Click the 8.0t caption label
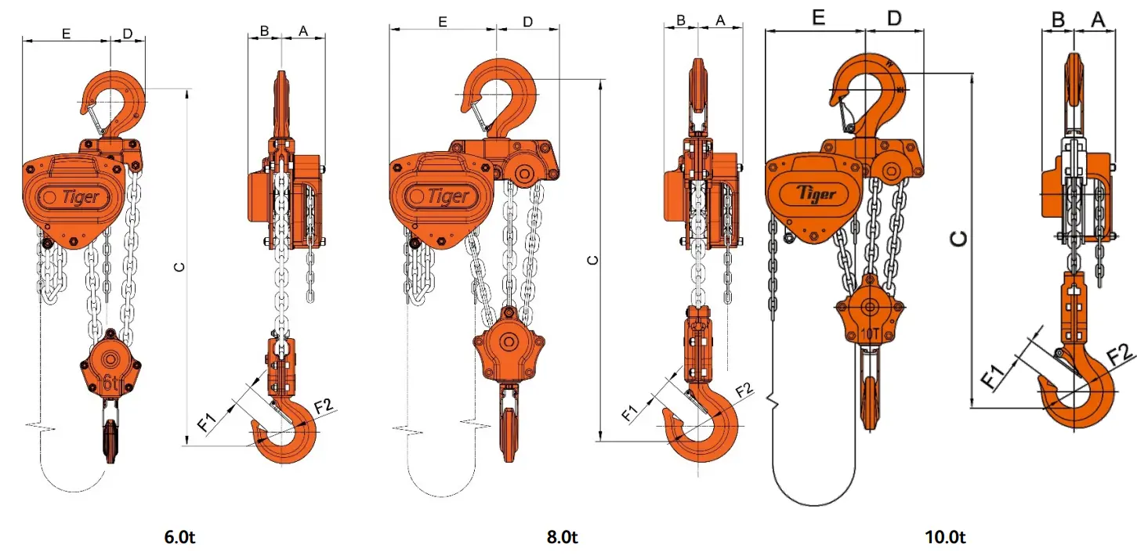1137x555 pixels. [562, 538]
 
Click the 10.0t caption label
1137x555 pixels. [946, 538]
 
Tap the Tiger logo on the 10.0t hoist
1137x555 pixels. [817, 193]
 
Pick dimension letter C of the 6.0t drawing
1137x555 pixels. [179, 267]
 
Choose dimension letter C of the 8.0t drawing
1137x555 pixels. [592, 259]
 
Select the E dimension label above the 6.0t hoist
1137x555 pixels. [66, 33]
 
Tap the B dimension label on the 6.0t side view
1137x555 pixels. [264, 31]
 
